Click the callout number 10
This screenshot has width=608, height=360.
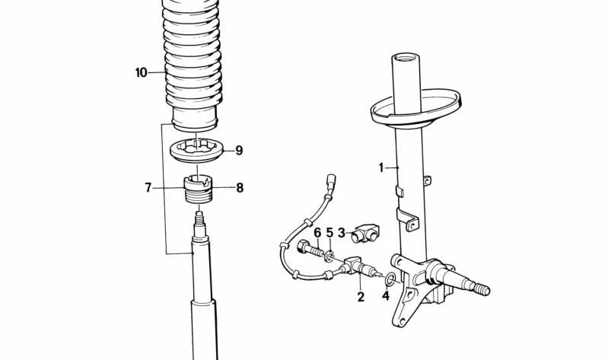point(142,72)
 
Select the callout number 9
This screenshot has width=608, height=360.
point(239,150)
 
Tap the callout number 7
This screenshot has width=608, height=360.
point(148,188)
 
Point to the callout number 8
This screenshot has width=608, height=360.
point(240,188)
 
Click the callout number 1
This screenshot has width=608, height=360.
point(381,167)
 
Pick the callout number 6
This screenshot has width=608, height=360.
point(317,233)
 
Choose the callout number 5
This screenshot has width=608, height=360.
point(329,233)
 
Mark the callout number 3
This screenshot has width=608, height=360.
point(341,233)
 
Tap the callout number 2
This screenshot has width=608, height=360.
point(361,297)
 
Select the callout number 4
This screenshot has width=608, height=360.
point(386,295)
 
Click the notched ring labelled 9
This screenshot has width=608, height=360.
point(197,151)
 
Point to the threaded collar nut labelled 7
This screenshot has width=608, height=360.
point(198,189)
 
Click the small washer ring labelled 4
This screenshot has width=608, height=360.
point(391,278)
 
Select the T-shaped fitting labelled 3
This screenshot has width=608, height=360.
point(364,232)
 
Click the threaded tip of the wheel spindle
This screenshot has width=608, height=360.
point(482,289)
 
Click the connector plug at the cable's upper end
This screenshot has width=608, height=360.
point(332,180)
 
